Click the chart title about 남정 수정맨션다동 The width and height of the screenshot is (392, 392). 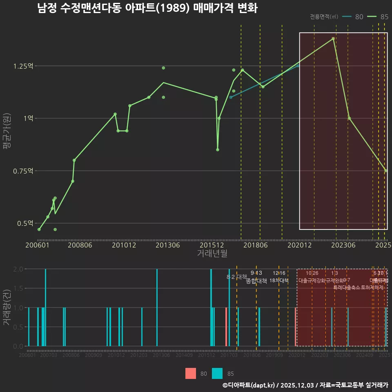tap(147, 8)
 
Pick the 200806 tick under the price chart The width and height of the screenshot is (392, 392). tap(80, 245)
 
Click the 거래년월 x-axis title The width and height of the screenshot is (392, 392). tap(212, 253)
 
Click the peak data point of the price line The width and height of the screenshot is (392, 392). tap(333, 38)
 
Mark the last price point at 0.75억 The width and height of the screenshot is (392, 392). tap(386, 171)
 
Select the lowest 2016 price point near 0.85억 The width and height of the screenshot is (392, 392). tap(218, 150)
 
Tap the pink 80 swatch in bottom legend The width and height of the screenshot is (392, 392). tap(191, 373)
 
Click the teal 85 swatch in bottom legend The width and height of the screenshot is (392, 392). tap(218, 373)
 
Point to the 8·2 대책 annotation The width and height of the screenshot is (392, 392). tap(237, 277)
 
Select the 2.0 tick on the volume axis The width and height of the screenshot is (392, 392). tap(18, 269)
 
